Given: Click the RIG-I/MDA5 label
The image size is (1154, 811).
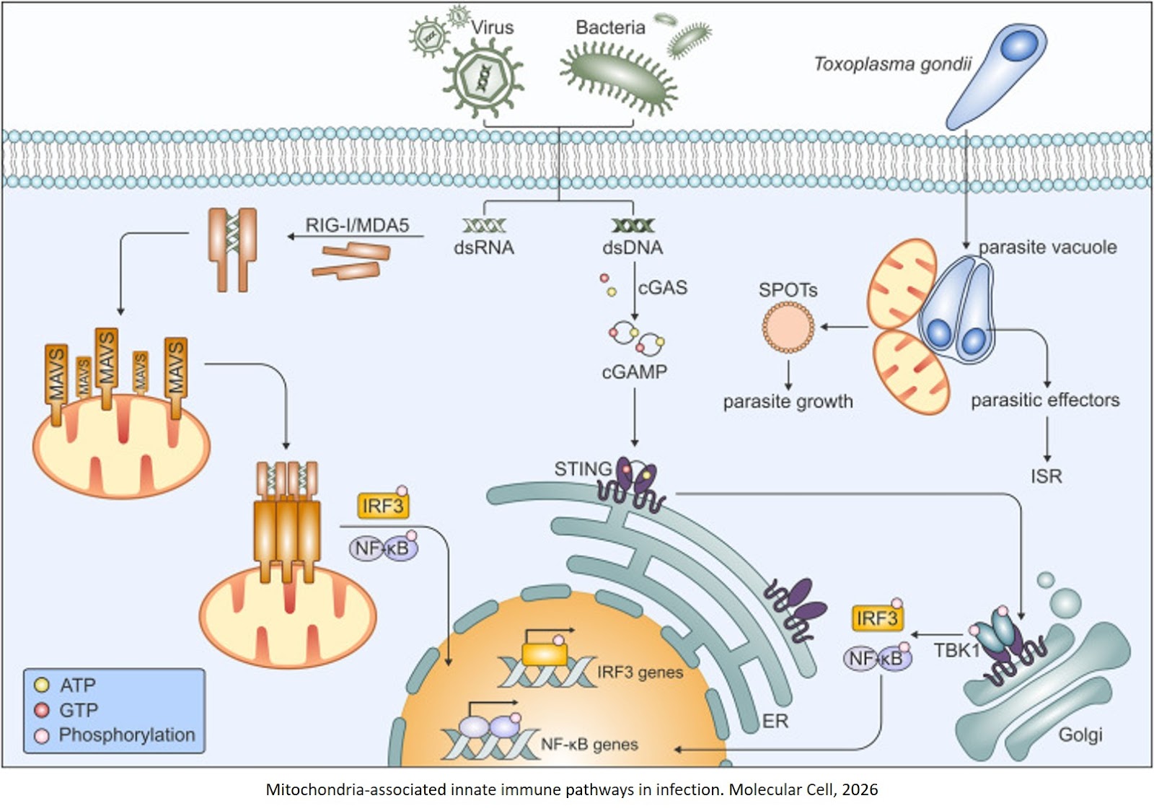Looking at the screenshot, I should (357, 225).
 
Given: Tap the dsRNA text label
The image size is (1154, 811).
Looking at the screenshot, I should (483, 248).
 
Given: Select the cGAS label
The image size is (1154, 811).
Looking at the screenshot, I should (662, 288).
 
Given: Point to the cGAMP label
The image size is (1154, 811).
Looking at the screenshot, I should (634, 372).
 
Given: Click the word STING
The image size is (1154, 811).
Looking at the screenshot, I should (582, 469).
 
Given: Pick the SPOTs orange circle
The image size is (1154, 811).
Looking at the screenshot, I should (788, 328).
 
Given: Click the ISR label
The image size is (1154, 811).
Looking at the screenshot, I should (1046, 477).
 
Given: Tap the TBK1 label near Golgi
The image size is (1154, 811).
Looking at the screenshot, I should (956, 651).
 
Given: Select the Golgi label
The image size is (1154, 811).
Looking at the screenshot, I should (1080, 735).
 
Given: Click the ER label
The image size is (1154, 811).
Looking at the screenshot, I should (775, 722).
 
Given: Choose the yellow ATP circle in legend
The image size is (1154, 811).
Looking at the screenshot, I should (42, 685).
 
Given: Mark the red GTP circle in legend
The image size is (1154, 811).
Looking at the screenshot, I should (42, 711).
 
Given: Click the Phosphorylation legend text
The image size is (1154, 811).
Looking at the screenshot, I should (127, 735).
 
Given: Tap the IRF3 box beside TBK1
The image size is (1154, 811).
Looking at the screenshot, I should (876, 619).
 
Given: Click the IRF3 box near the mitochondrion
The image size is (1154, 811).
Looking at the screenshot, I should (382, 507).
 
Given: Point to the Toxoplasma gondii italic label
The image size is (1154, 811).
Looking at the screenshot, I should (892, 64).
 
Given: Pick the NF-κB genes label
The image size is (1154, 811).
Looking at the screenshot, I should (589, 745).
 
